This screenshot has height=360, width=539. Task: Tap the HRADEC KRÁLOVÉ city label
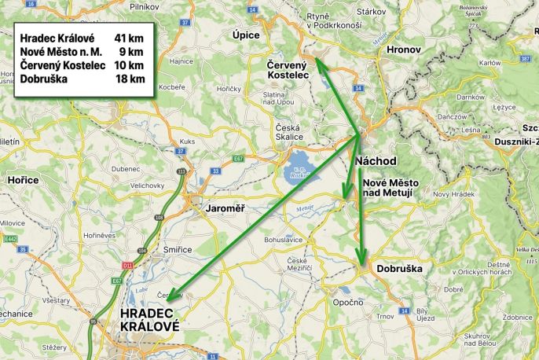click(149, 320)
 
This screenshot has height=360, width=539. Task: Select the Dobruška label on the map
click(399, 269)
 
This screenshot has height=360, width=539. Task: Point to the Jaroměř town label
click(225, 208)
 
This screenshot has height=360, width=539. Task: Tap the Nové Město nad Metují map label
click(390, 187)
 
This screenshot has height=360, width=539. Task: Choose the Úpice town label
click(246, 35)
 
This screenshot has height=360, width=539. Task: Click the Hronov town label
click(405, 50)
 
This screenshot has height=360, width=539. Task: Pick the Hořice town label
click(24, 180)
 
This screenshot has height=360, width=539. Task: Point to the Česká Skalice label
click(288, 131)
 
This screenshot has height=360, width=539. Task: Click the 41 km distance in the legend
click(130, 38)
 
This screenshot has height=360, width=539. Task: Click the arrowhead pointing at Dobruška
click(361, 263)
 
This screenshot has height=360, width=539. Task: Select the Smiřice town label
click(177, 249)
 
